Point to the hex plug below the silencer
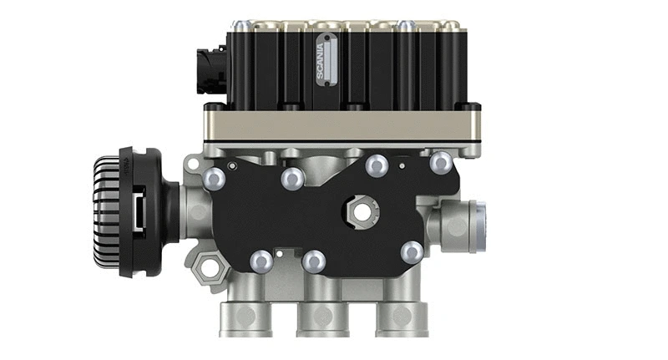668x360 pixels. pyautogui.click(x=205, y=269)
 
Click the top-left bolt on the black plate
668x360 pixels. pyautogui.click(x=214, y=177)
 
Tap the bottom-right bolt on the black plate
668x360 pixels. pyautogui.click(x=411, y=251)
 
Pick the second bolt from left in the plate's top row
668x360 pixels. pyautogui.click(x=292, y=177)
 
